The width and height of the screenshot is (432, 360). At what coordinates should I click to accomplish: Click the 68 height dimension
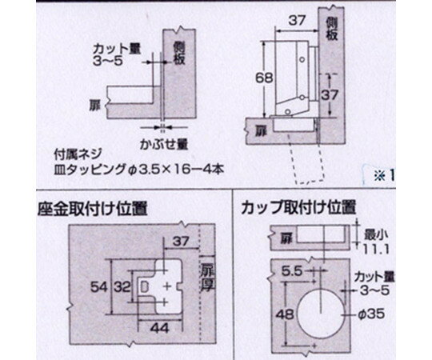(264, 78)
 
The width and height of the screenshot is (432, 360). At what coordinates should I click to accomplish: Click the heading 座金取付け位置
(93, 209)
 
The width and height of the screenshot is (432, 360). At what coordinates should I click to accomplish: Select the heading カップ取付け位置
(298, 207)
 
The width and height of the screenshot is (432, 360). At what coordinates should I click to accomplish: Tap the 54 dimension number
(98, 287)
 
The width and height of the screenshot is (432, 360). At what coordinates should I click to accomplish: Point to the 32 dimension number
(122, 287)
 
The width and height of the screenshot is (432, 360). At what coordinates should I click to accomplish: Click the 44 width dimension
(159, 328)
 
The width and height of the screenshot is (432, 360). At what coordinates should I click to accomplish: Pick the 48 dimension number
(285, 314)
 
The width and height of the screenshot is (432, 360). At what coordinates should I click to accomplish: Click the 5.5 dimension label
(292, 271)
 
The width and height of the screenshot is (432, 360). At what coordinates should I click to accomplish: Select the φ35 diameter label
(371, 314)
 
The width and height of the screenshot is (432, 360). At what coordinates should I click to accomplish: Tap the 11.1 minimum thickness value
(376, 250)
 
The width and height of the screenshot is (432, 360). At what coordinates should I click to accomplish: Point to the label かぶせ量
(164, 144)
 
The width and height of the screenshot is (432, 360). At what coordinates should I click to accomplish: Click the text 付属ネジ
(78, 154)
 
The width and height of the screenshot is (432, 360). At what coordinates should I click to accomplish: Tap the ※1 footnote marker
(384, 176)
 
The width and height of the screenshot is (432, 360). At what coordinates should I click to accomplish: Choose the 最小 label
(376, 235)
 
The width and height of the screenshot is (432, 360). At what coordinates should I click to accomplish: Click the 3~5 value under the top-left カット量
(107, 61)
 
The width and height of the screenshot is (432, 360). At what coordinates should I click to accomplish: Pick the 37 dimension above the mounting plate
(181, 242)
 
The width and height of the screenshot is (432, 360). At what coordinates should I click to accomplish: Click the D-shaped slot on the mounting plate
(144, 286)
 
